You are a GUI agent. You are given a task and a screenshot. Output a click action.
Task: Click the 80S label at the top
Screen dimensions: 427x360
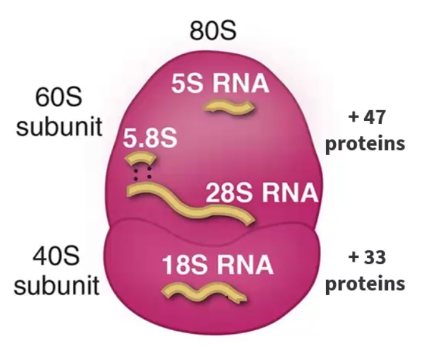[x=213, y=31]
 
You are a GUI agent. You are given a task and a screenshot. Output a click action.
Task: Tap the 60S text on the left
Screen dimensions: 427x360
[x=59, y=97]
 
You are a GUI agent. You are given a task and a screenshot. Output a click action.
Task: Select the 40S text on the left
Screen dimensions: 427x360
[x=57, y=256]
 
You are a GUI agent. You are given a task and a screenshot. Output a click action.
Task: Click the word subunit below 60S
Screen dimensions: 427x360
[x=59, y=126]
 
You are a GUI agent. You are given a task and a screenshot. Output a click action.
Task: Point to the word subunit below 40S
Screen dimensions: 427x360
[x=57, y=285]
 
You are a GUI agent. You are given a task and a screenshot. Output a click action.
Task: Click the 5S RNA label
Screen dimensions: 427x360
[x=220, y=83]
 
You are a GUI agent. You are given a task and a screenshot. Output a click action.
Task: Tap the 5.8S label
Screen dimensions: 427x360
[x=150, y=138]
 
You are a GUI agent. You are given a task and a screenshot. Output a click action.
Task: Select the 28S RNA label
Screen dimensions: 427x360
[x=261, y=192]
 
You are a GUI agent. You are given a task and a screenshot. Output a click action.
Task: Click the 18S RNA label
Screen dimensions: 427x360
[x=218, y=265]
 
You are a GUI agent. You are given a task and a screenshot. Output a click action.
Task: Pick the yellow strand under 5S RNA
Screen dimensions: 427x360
[x=229, y=107]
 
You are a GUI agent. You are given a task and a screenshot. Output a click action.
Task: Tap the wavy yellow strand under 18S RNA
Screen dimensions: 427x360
[x=204, y=293]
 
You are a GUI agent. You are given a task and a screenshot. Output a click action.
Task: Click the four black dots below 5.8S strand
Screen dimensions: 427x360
[x=142, y=174]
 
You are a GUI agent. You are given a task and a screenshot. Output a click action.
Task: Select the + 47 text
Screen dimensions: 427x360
[x=367, y=117]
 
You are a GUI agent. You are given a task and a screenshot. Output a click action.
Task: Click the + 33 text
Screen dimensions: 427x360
[x=367, y=257]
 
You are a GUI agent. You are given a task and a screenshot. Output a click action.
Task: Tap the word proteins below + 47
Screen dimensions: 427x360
[x=365, y=143]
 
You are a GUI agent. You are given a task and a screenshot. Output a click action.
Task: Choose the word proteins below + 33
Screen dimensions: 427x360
[x=365, y=283]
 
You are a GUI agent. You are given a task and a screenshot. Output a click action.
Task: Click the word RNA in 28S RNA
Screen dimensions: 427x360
[x=290, y=192]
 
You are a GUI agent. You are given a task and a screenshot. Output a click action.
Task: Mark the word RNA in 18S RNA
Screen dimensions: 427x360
[x=245, y=265]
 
